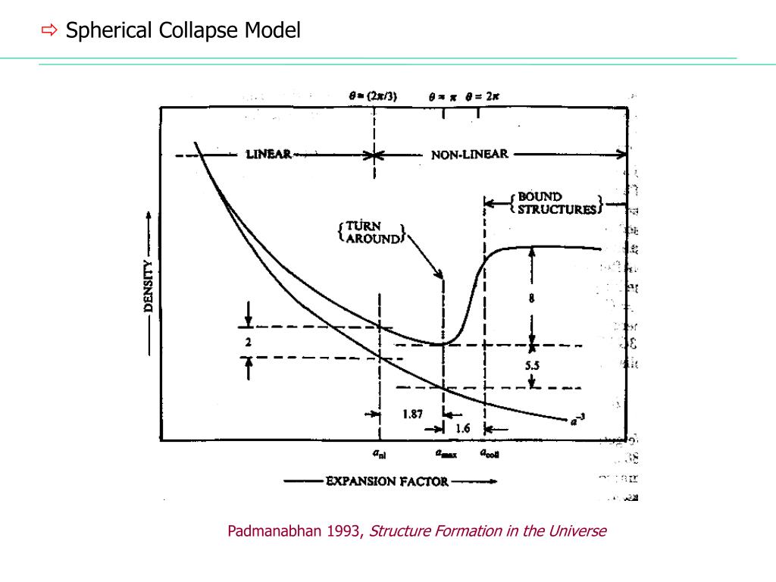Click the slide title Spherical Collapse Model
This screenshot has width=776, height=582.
click(183, 31)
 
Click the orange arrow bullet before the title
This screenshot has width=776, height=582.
click(49, 31)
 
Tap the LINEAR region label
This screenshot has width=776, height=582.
click(269, 155)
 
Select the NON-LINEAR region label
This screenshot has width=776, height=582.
click(469, 155)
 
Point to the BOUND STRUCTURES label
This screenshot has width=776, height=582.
click(556, 203)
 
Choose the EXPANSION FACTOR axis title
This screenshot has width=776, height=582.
click(387, 481)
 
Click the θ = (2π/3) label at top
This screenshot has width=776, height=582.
click(373, 96)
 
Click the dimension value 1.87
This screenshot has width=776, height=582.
click(412, 415)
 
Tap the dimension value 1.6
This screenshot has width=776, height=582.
click(462, 428)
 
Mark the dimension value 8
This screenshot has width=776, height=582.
click(532, 299)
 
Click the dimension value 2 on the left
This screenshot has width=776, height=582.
click(248, 342)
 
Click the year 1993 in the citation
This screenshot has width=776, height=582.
click(344, 531)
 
